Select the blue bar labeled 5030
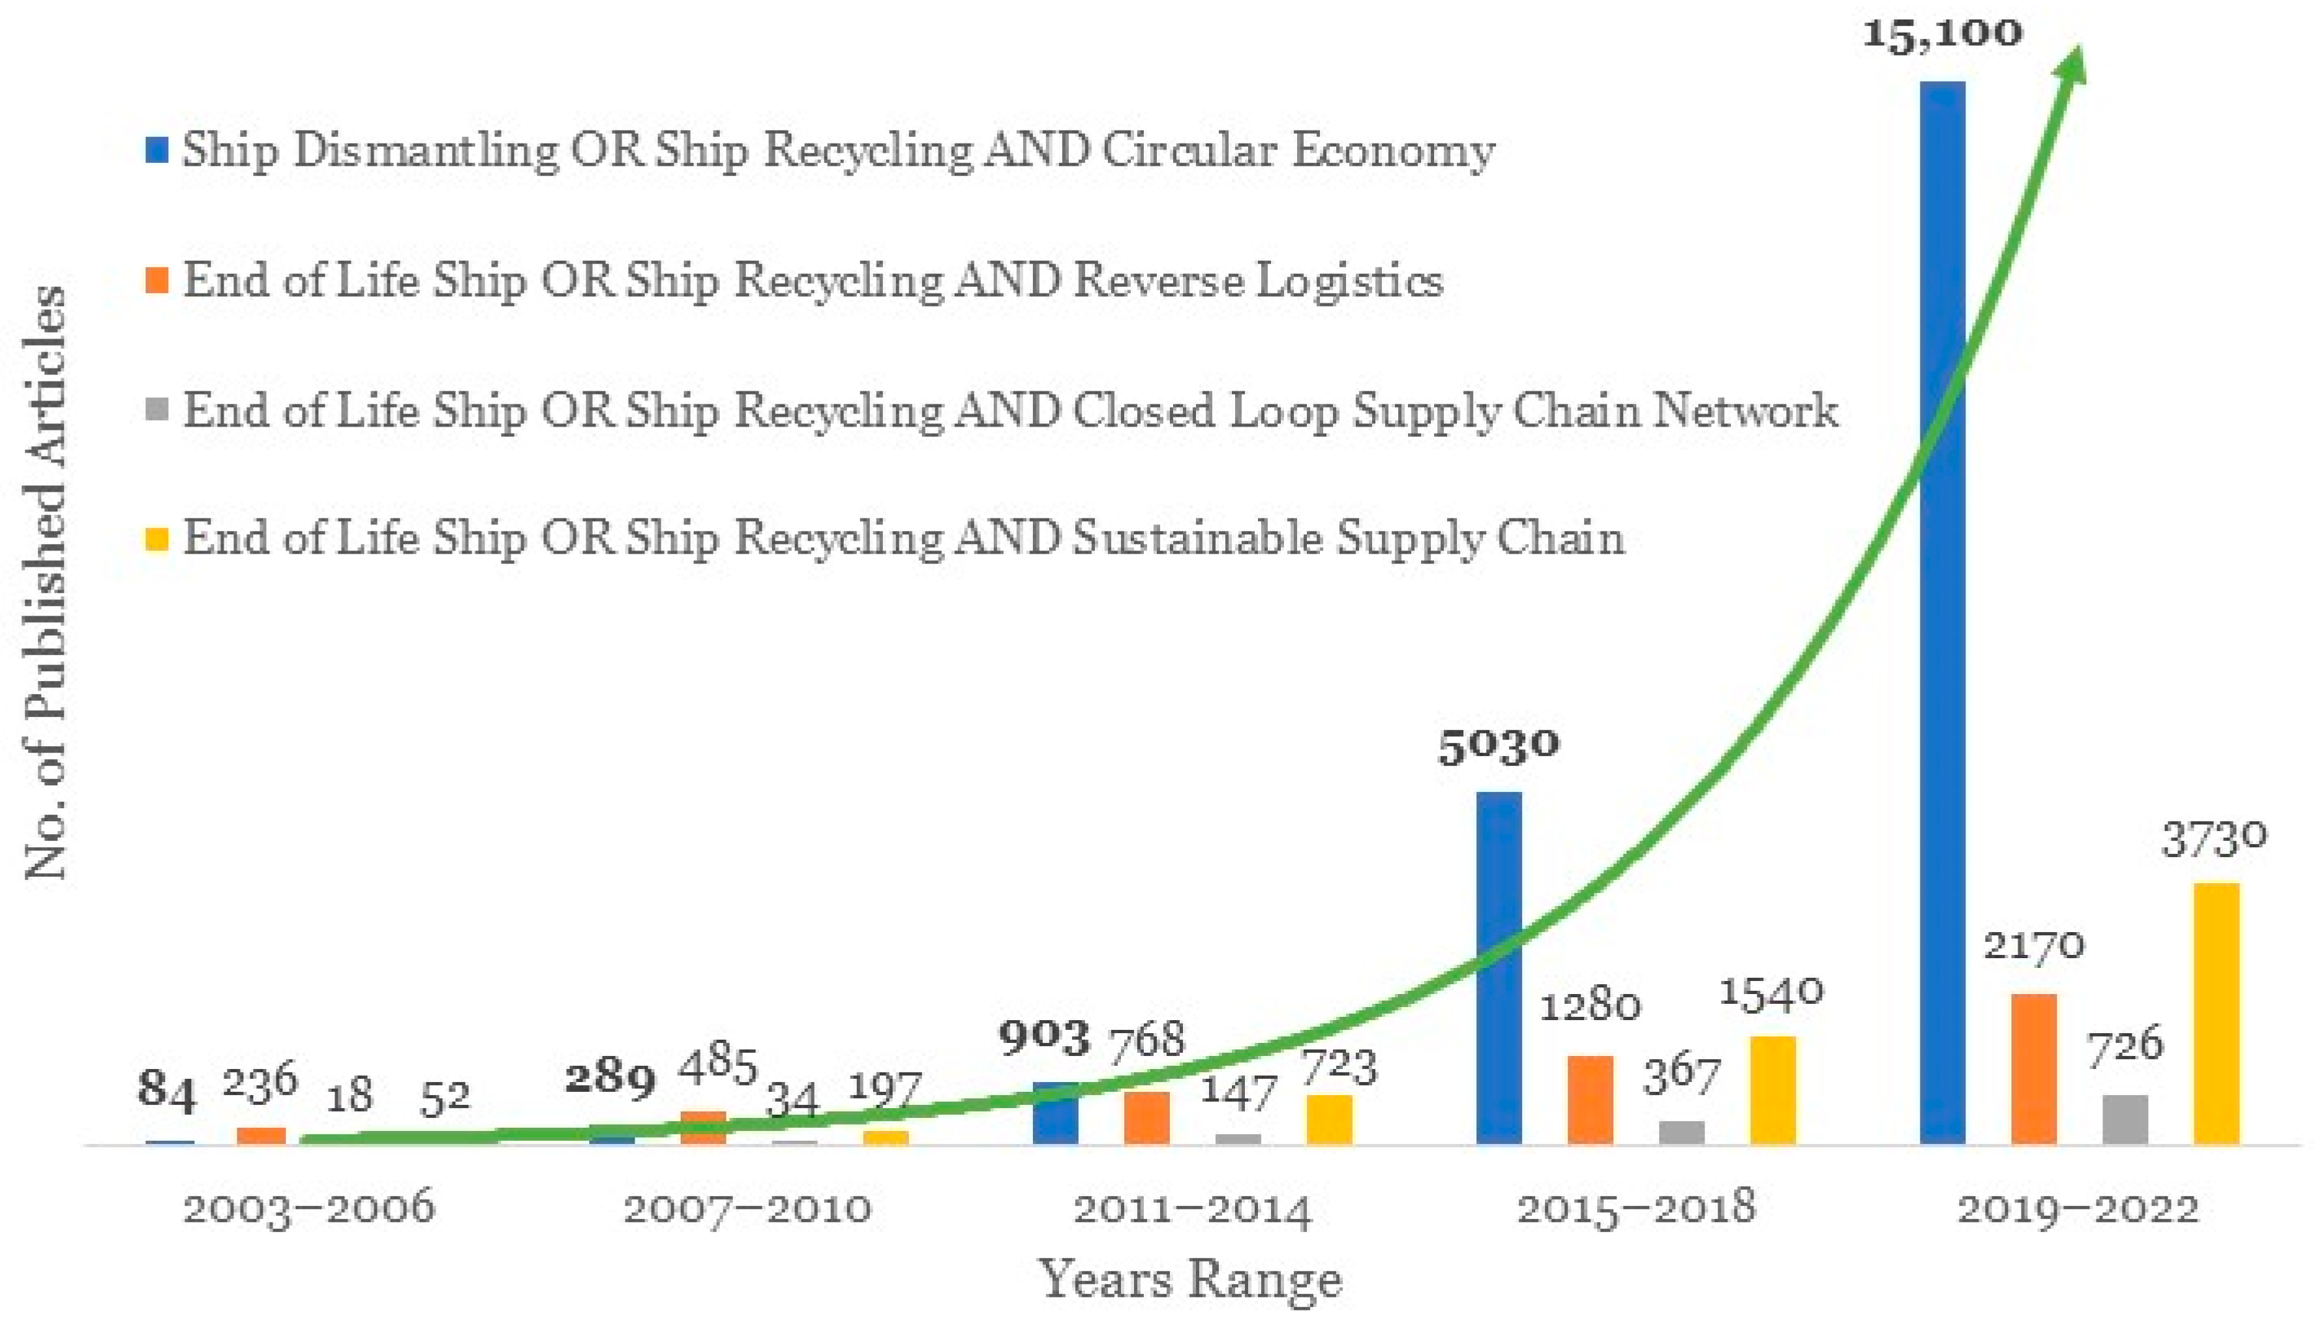(x=1499, y=967)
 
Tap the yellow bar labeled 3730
(x=2216, y=1012)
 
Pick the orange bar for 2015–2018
(x=1591, y=1099)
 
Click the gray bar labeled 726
(x=2125, y=1119)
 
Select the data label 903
(x=1044, y=1038)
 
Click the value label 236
(x=261, y=1083)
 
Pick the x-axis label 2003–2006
(x=309, y=1209)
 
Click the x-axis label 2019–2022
(x=2078, y=1209)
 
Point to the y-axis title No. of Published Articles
(x=46, y=584)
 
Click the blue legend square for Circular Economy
(x=157, y=151)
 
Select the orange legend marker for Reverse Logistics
(x=157, y=280)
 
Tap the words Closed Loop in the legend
(x=1208, y=410)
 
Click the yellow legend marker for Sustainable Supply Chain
(x=157, y=538)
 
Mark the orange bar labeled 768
(x=1146, y=1117)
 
